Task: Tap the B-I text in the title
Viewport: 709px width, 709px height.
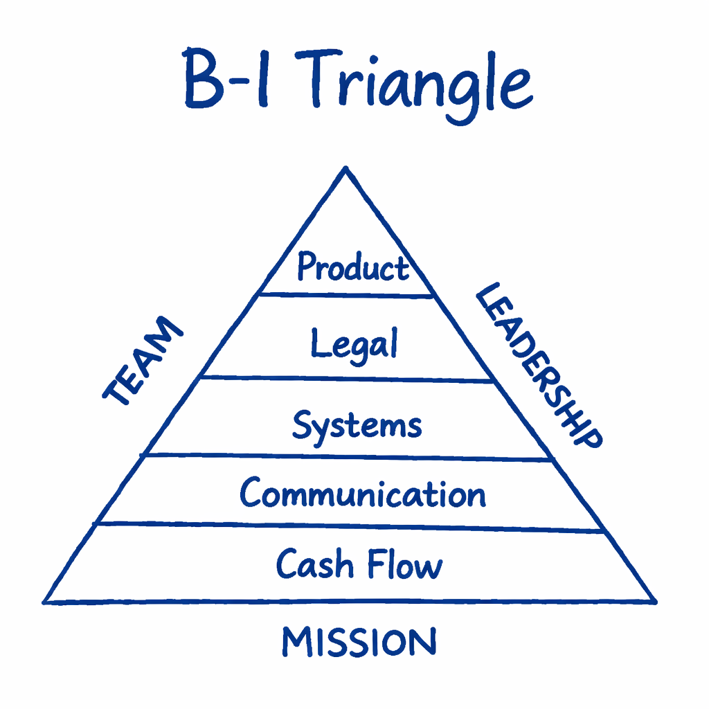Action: coord(228,81)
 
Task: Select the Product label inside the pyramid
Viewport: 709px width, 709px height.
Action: coord(353,267)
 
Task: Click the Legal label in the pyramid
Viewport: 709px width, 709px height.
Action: coord(354,344)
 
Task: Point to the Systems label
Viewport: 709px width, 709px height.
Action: coord(357,425)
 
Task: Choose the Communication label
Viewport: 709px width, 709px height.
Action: coord(363,494)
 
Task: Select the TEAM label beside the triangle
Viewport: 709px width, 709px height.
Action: coord(142,361)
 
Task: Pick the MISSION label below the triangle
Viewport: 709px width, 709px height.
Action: coord(359,642)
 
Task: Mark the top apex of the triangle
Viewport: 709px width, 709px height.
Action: coord(344,168)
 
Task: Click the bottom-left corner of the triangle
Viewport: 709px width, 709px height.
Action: coord(45,602)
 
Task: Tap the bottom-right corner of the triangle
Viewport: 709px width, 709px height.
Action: coord(654,602)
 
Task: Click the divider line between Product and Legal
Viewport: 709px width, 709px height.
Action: coord(346,295)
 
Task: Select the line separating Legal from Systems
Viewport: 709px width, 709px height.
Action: coord(346,379)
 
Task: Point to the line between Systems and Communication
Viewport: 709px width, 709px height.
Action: coord(346,456)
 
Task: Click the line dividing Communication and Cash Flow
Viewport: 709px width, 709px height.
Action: coord(346,527)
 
